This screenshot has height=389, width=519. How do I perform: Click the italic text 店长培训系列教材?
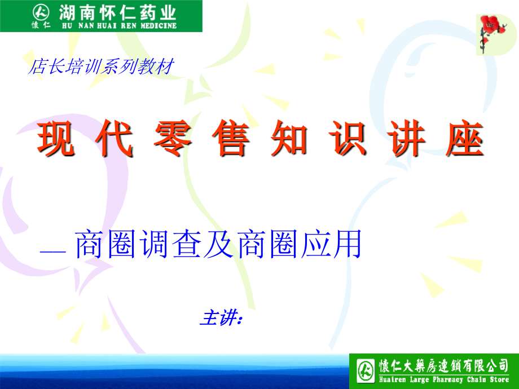(x=99, y=67)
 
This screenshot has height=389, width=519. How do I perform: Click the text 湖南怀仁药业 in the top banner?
(x=118, y=11)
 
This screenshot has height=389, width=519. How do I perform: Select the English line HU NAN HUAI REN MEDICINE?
(x=118, y=25)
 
